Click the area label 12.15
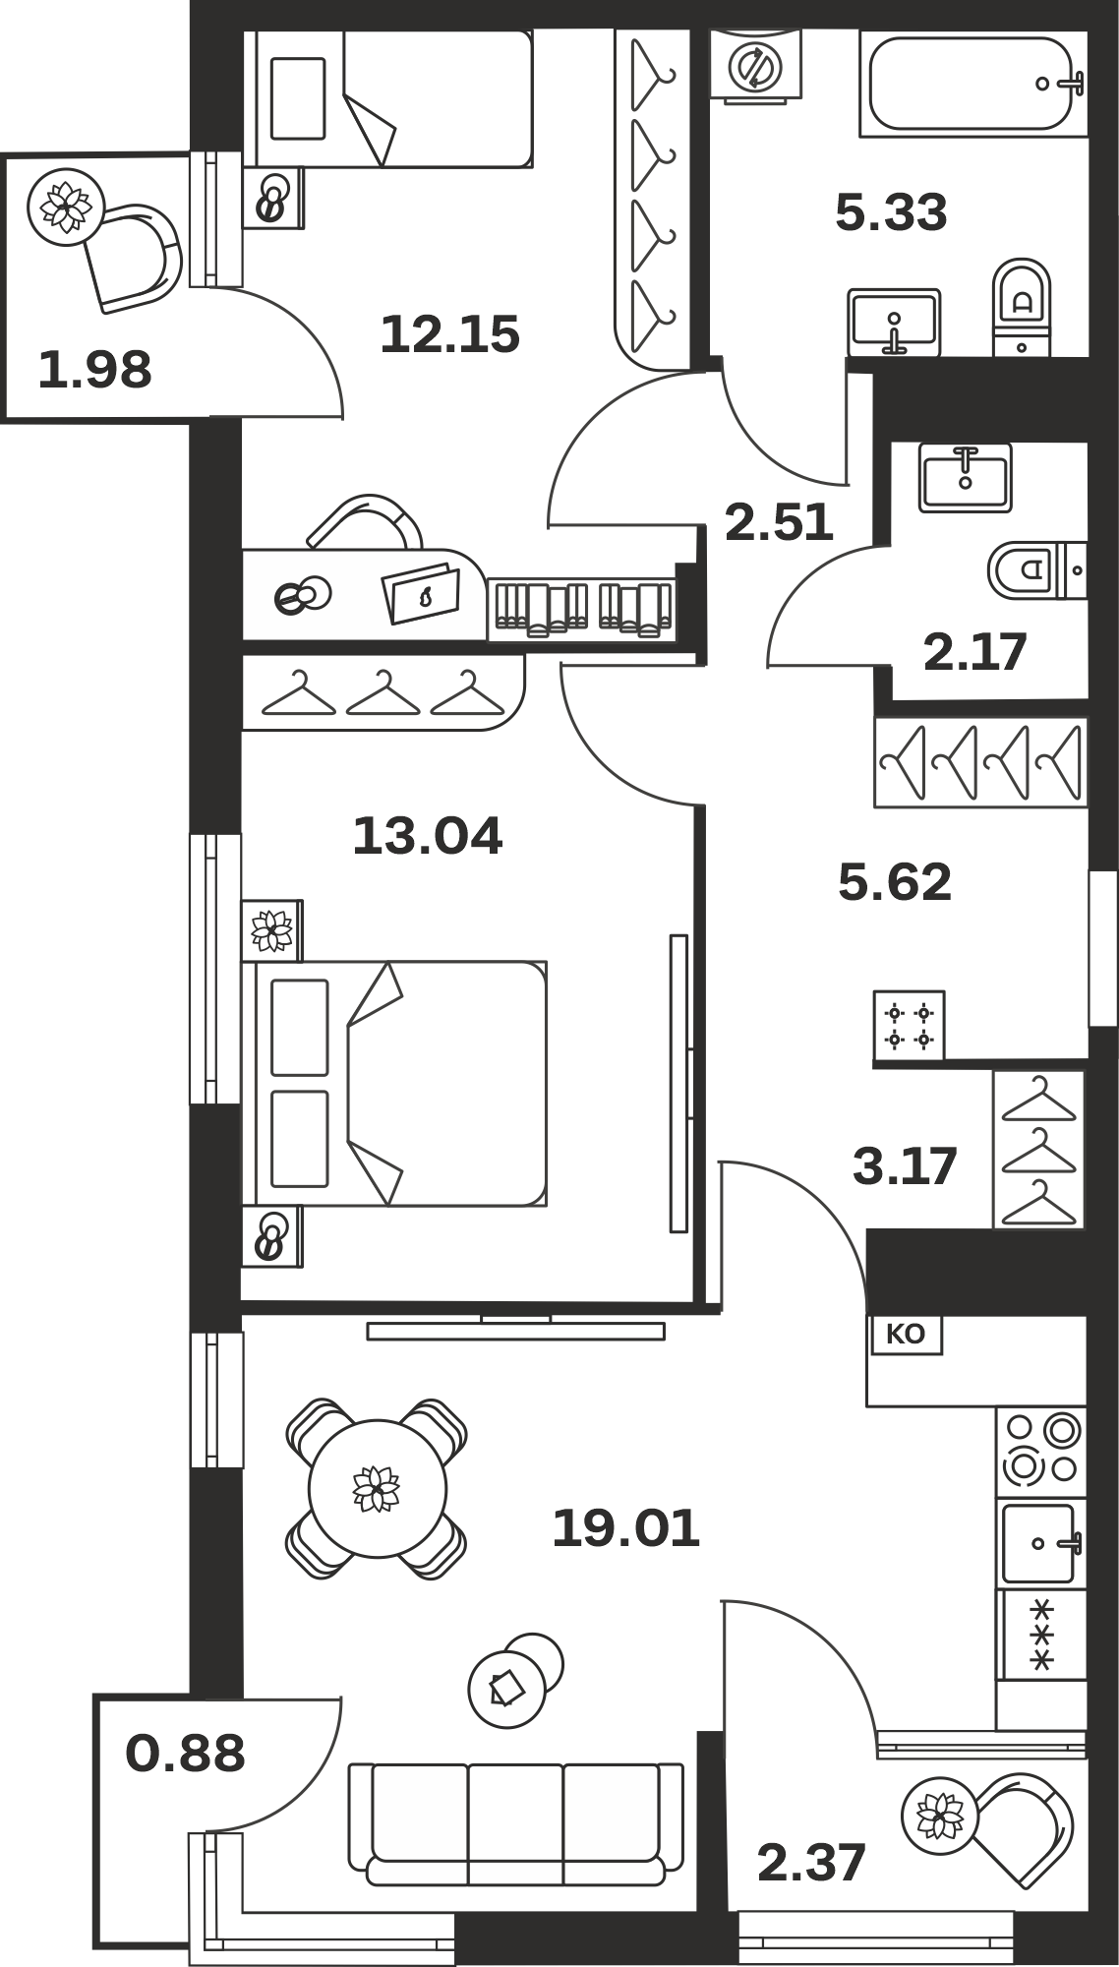pos(449,333)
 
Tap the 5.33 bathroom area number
pos(891,211)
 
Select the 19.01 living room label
pos(625,1527)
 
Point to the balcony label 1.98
pos(95,370)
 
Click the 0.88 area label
pos(185,1753)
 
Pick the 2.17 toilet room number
pos(975,651)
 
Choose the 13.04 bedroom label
pos(427,835)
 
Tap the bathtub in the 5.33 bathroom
pos(973,83)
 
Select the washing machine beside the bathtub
pos(756,65)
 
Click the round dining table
pos(378,1488)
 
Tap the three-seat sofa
pos(516,1823)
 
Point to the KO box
pos(905,1335)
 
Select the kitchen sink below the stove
pos(1041,1543)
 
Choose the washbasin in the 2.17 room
pos(966,477)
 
